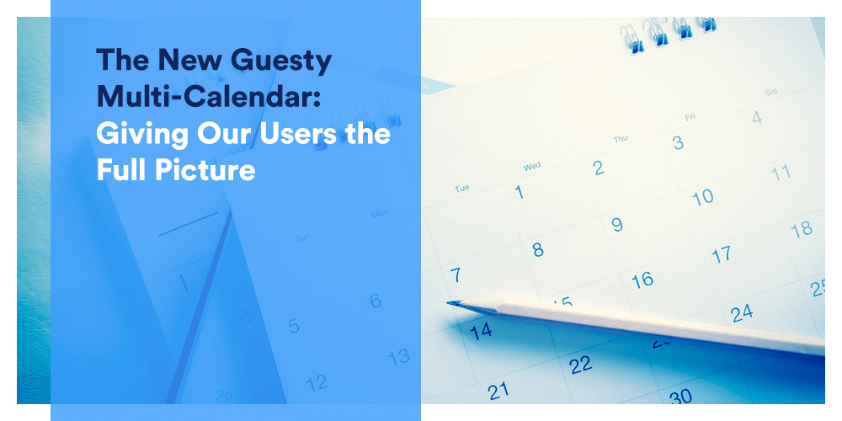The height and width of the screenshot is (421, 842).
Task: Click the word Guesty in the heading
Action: (282, 61)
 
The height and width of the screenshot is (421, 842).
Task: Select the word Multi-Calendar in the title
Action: (208, 96)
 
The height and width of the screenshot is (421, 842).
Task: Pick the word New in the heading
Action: (191, 60)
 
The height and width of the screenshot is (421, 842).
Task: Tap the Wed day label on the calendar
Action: (531, 167)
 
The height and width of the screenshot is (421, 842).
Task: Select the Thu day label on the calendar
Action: (621, 139)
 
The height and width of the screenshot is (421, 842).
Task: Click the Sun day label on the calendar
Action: (302, 238)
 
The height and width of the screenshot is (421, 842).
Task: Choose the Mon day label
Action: (380, 214)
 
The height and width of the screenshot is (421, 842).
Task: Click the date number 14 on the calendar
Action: (481, 332)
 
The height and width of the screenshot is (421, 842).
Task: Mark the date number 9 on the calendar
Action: (617, 224)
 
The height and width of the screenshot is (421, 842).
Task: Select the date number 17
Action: (722, 254)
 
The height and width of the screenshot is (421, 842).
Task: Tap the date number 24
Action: (742, 313)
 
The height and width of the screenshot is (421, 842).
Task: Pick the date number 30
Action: (680, 397)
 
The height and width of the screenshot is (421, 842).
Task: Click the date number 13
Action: (399, 357)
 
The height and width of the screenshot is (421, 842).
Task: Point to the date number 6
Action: (376, 301)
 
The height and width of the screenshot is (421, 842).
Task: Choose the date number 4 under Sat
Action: (757, 117)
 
